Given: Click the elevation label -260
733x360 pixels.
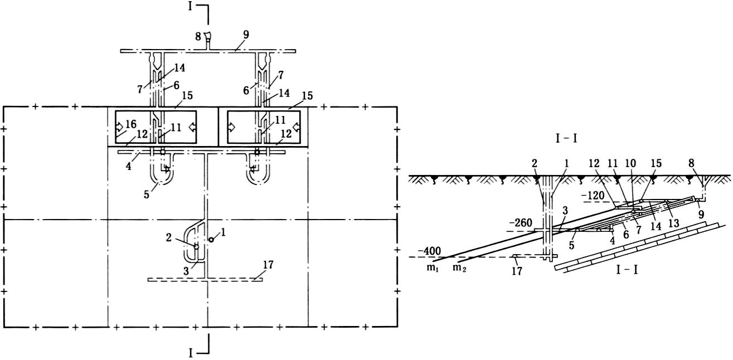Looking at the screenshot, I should tap(521, 222).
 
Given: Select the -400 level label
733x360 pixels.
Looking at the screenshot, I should tap(420, 251).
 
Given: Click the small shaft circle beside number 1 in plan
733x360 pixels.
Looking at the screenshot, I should tap(211, 240).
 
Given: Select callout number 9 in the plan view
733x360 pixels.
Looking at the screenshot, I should tap(245, 35).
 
